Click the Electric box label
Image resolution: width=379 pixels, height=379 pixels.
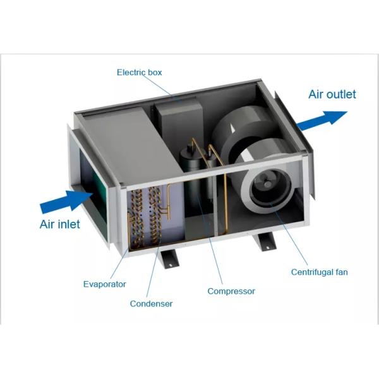pyautogui.click(x=139, y=73)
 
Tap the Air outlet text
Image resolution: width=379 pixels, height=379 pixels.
pyautogui.click(x=332, y=95)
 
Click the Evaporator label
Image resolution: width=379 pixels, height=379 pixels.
pyautogui.click(x=105, y=284)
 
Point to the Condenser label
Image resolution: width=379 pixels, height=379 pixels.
pyautogui.click(x=151, y=304)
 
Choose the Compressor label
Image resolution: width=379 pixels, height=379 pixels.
pyautogui.click(x=231, y=291)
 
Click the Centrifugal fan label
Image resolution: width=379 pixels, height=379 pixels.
pyautogui.click(x=319, y=273)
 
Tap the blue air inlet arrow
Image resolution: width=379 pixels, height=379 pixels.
pyautogui.click(x=66, y=202)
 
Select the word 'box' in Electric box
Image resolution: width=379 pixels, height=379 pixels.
pyautogui.click(x=154, y=73)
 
